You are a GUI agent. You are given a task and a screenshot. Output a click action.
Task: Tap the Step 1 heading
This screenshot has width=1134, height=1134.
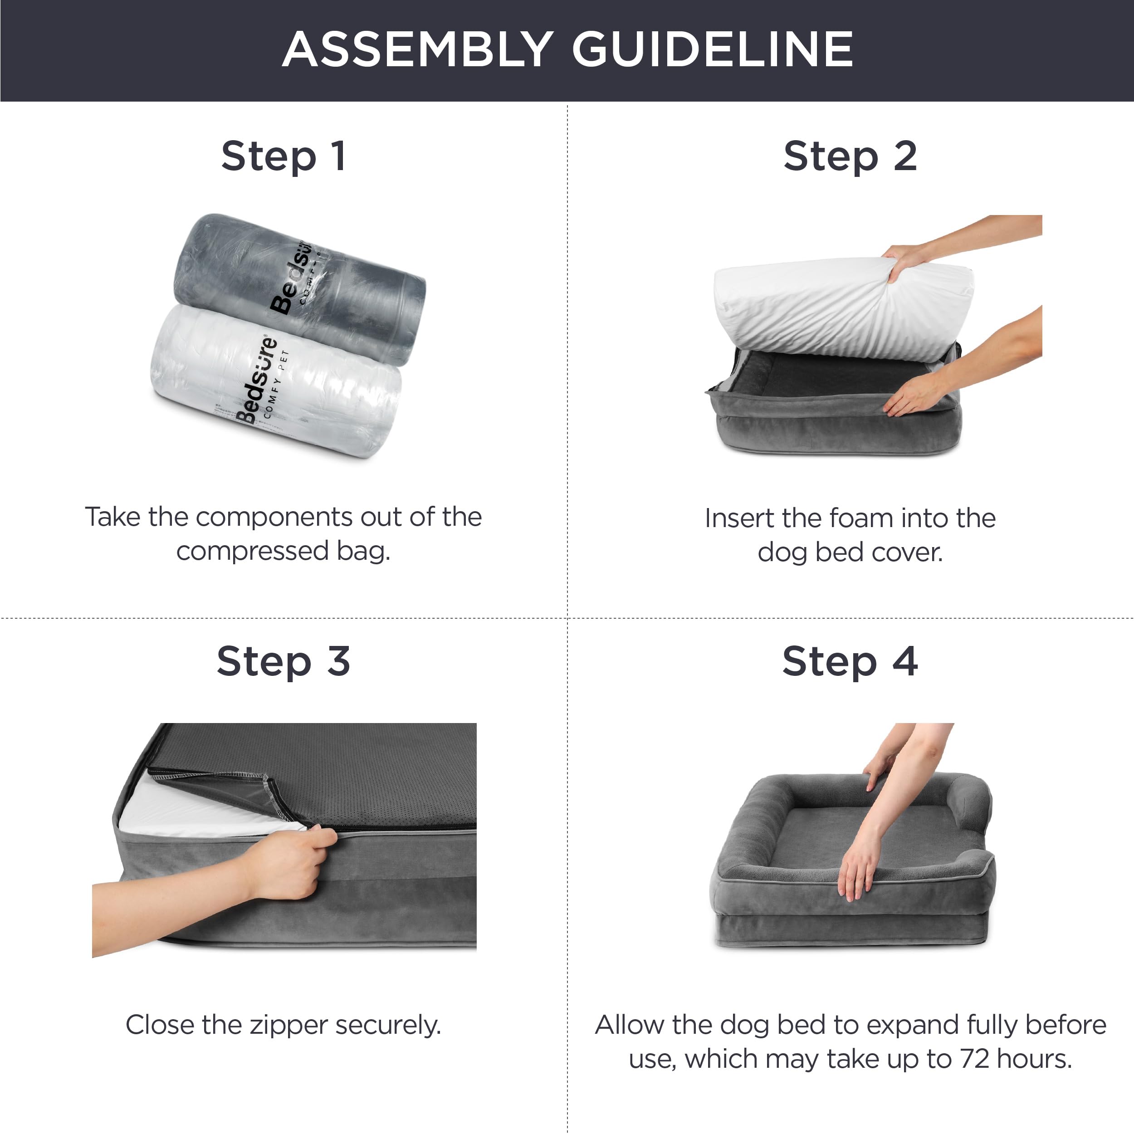[283, 156]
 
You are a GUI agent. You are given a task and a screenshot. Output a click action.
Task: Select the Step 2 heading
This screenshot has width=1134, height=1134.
[850, 156]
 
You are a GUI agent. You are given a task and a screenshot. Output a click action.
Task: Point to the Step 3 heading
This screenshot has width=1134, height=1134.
[283, 661]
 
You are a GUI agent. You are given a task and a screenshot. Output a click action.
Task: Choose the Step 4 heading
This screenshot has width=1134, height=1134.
[850, 661]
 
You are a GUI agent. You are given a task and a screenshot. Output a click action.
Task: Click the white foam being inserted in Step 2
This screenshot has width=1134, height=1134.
[822, 311]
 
